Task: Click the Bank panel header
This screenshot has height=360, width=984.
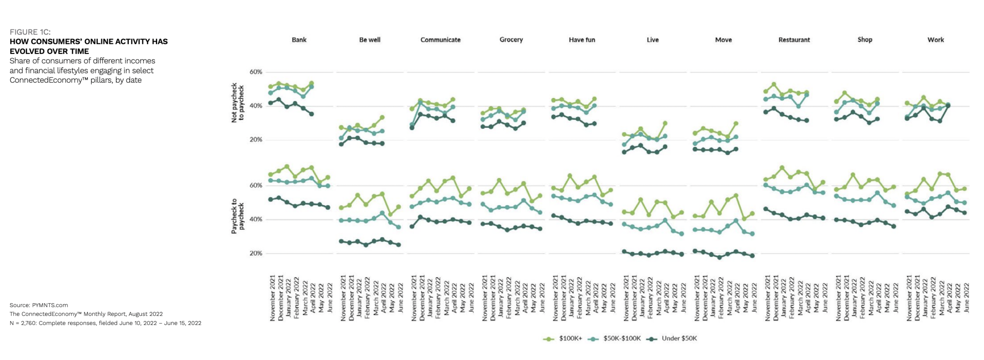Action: (299, 40)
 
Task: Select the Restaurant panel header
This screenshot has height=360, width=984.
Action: (794, 40)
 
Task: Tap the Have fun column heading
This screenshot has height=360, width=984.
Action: (582, 40)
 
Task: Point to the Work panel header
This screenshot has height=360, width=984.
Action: (935, 40)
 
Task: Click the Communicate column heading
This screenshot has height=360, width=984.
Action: (440, 40)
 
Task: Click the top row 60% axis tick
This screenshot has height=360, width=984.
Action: (256, 72)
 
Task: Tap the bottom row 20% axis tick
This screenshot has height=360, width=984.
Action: (256, 253)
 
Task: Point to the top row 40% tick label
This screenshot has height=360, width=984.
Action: (256, 106)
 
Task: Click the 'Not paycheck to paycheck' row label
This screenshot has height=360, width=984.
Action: (238, 104)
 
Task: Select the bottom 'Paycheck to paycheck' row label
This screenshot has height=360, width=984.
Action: (238, 216)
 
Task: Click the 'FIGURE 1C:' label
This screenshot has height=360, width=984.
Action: (30, 32)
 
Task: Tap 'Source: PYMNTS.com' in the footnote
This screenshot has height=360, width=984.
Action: (39, 305)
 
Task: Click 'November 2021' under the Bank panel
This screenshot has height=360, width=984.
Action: (272, 298)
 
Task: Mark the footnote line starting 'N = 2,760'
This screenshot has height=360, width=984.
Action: (105, 323)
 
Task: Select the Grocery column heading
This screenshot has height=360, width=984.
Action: (511, 40)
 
